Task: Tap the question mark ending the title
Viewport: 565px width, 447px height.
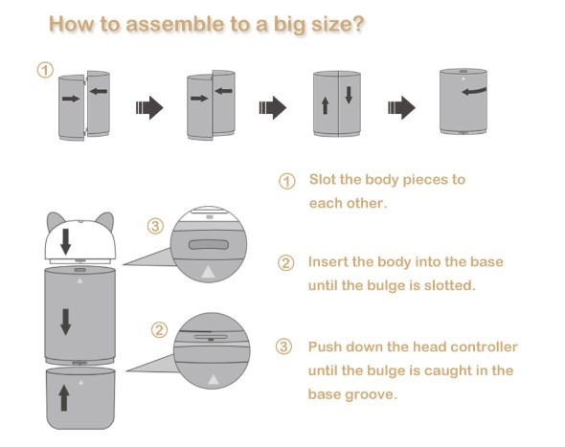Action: tap(357, 24)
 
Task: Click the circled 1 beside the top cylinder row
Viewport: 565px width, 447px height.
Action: tap(45, 70)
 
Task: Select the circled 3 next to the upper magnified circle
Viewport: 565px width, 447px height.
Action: tap(155, 226)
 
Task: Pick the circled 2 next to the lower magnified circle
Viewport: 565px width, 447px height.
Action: tap(159, 329)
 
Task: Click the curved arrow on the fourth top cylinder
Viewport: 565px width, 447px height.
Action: tap(474, 91)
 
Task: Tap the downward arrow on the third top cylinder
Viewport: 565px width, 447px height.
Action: tap(349, 95)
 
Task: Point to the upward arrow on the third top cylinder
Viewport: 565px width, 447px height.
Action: tap(325, 106)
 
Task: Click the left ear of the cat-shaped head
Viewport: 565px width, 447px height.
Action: tap(56, 221)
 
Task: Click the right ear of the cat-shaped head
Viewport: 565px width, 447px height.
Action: tap(105, 221)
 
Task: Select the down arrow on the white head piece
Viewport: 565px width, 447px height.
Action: tap(65, 242)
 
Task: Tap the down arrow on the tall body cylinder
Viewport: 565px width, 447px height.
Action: tap(65, 322)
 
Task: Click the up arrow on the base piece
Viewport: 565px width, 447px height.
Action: tap(64, 397)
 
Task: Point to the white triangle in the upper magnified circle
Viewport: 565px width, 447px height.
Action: tap(208, 272)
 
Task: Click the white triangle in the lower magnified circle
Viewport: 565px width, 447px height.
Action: tap(214, 379)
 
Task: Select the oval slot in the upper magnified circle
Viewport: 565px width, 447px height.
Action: tap(209, 245)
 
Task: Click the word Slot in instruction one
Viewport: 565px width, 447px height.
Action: tap(322, 179)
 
